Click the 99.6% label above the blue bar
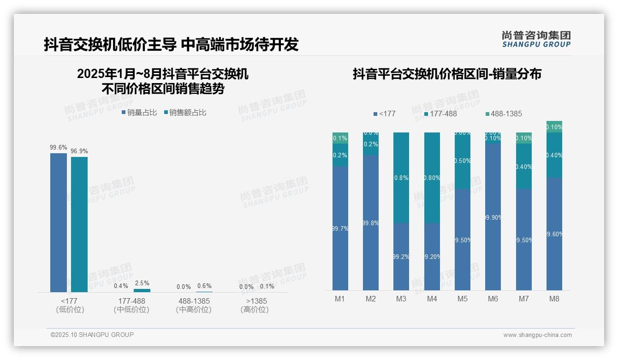pos(59,148)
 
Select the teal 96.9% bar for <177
pos(79,224)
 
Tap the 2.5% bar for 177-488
pos(142,290)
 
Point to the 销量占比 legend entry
pos(139,112)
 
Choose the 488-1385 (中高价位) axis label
pos(194,305)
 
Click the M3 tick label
pos(401,299)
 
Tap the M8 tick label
pos(554,299)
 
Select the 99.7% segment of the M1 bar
pos(340,228)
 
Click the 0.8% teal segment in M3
pos(401,178)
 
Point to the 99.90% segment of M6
pos(493,217)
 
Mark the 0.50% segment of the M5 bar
pos(463,161)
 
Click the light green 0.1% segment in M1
pos(340,138)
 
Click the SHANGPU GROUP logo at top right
pos(536,39)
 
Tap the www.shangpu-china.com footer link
pos(537,335)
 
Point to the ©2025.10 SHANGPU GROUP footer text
pos(92,335)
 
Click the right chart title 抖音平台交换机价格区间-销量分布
pos(447,74)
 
